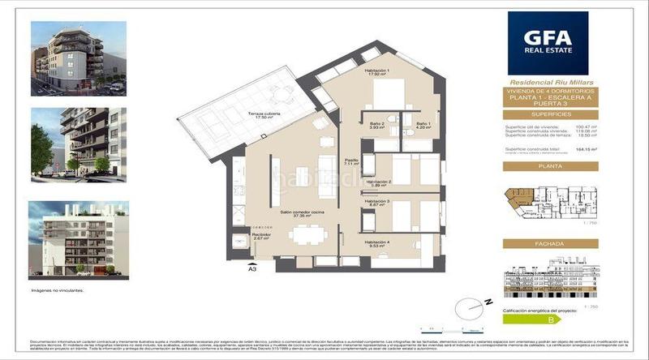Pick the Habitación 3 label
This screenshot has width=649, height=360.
point(377,204)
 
